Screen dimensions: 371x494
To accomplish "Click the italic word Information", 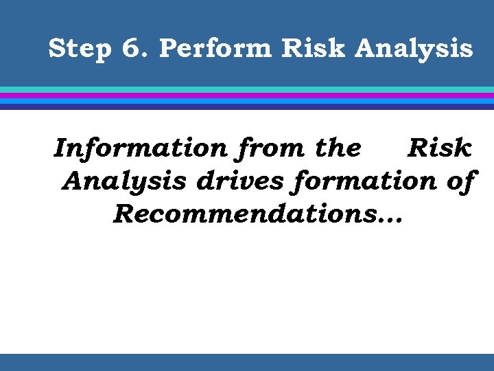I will [140, 148].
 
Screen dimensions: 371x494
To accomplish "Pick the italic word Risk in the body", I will [439, 148].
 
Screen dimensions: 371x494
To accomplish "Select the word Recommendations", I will [241, 214].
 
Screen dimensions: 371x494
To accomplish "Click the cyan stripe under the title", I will [247, 89].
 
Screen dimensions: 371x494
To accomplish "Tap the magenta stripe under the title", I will [247, 95].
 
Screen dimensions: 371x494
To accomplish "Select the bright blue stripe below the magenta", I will [247, 100].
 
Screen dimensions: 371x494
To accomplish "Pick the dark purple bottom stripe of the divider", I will [247, 106].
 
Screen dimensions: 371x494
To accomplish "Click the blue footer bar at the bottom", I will [247, 362].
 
